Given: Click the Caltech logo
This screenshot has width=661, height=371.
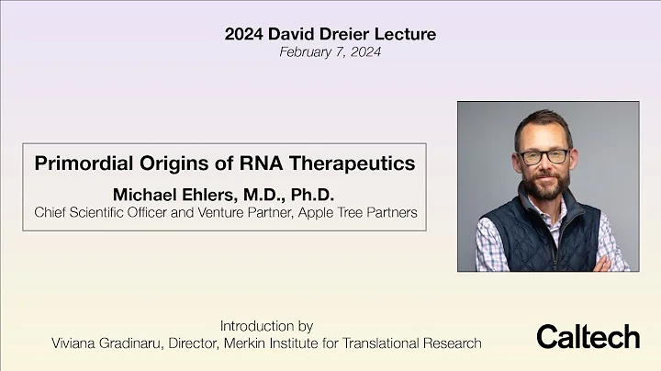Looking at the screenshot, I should (588, 336).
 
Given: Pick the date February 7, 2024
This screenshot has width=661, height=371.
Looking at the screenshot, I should (330, 52).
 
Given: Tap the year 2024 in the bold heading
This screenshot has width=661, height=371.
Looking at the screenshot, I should (244, 35).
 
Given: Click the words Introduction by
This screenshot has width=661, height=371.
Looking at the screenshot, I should (266, 326).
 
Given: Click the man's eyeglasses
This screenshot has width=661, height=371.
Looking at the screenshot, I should (543, 156).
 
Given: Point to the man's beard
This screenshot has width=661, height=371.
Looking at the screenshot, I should (545, 185).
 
